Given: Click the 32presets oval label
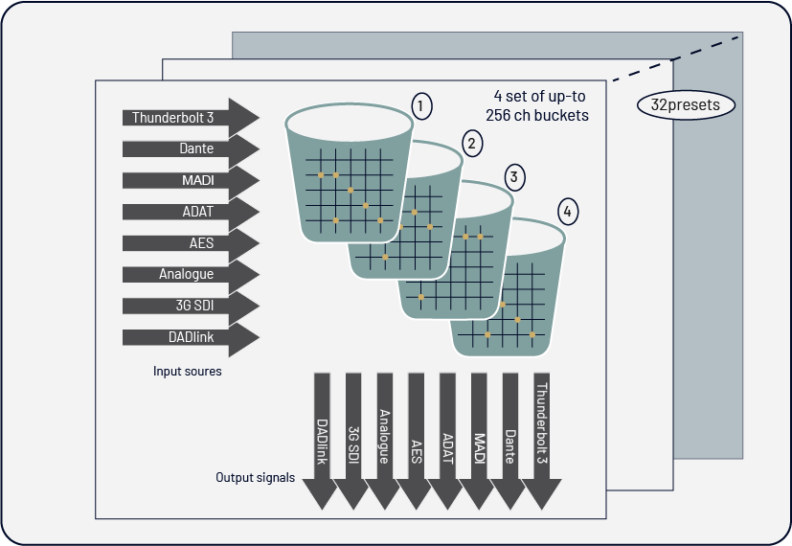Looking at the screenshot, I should pos(685,105).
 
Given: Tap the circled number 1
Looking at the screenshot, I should pos(420,104).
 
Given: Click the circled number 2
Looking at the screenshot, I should pos(470,143).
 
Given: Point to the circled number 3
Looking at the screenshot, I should pos(515,177).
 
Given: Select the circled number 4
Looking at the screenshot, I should pos(568,212).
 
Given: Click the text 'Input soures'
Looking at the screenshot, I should pos(188,371).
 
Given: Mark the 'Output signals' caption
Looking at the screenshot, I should pos(255,477).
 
